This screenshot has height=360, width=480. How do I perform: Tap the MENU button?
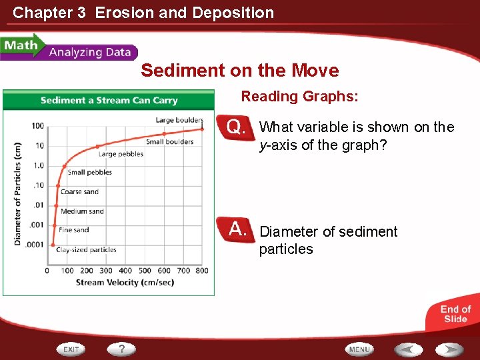click(359, 349)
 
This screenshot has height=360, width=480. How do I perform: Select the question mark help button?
click(122, 349)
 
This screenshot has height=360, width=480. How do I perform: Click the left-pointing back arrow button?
click(407, 349)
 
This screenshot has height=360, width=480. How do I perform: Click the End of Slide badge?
click(455, 313)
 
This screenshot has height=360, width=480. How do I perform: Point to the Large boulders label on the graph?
click(179, 120)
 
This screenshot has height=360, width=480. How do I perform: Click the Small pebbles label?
click(90, 173)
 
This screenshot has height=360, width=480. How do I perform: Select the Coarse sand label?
click(79, 192)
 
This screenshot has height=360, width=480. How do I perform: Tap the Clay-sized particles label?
click(86, 250)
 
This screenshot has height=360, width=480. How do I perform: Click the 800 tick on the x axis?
click(202, 271)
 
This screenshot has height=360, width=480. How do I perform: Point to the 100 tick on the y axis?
click(37, 126)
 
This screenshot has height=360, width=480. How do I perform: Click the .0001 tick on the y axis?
click(35, 245)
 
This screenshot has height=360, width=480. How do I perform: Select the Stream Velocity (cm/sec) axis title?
click(125, 282)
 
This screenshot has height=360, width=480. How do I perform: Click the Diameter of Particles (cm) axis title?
click(18, 193)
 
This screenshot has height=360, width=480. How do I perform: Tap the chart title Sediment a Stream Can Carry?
click(109, 101)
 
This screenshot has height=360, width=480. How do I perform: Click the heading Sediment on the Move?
click(239, 71)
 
